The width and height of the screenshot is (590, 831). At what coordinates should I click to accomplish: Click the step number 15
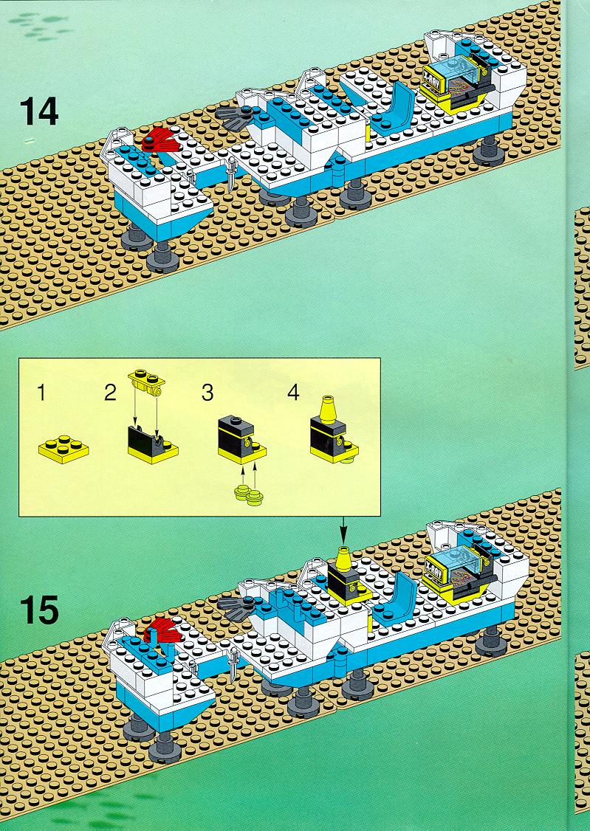pyautogui.click(x=39, y=610)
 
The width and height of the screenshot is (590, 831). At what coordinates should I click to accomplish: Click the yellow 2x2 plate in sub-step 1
pyautogui.click(x=64, y=449)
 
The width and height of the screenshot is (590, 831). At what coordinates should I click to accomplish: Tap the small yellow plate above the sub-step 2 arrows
pyautogui.click(x=147, y=381)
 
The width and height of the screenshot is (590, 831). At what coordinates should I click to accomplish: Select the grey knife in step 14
pyautogui.click(x=230, y=174)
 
